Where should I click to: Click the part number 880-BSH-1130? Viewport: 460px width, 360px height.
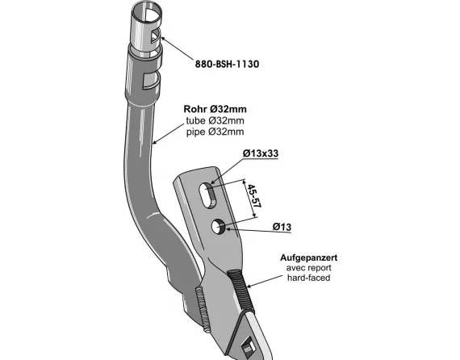tap(227, 64)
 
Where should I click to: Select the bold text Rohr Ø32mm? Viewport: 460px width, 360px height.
tap(215, 109)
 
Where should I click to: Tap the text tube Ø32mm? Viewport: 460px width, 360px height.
tap(215, 120)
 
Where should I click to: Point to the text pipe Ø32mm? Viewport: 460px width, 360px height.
tap(215, 132)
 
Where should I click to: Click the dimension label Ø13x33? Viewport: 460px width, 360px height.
tap(261, 153)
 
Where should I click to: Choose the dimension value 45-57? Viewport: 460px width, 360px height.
tap(253, 195)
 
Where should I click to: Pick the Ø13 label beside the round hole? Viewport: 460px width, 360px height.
tap(282, 227)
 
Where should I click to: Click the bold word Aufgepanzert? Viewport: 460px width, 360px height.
tap(308, 257)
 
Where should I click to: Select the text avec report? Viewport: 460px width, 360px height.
tap(308, 268)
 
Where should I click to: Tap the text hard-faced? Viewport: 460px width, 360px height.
tap(308, 278)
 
